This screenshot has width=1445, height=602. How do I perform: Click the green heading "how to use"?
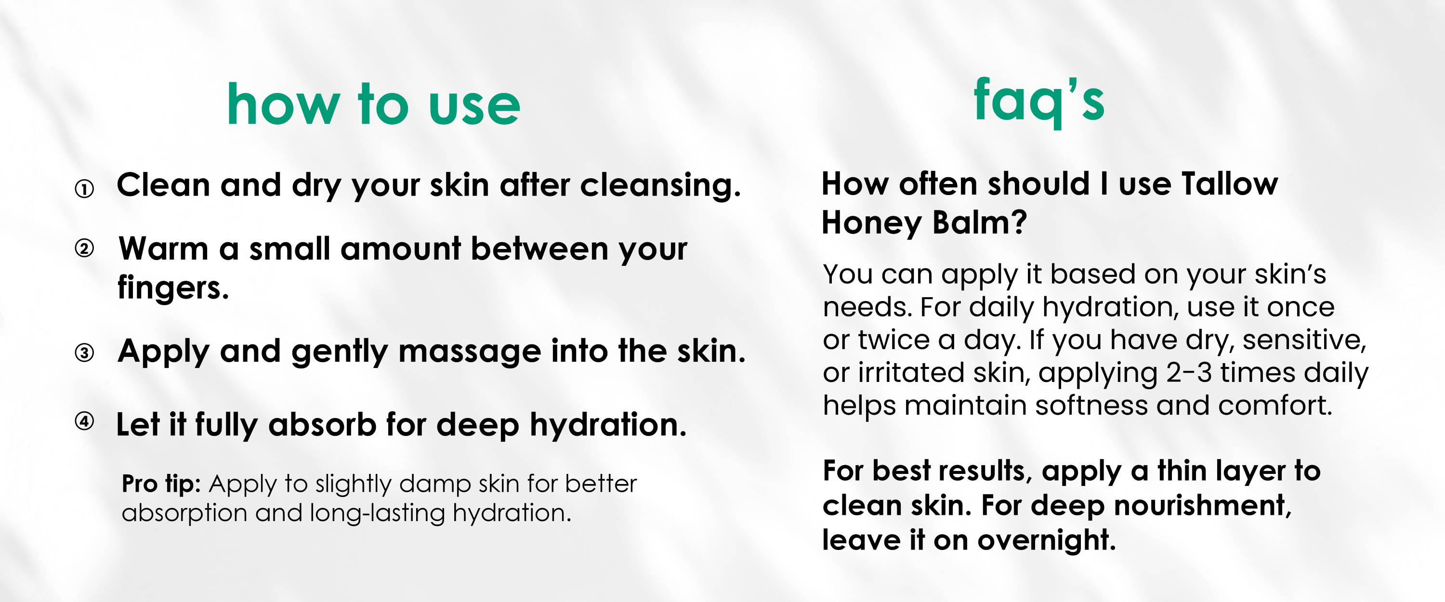[374, 104]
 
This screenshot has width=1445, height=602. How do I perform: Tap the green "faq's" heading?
[1039, 102]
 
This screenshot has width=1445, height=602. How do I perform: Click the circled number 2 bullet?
[84, 248]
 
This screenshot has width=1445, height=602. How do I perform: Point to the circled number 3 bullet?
[84, 353]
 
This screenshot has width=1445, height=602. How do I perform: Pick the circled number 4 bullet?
[84, 421]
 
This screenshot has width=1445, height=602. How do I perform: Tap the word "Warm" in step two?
[163, 249]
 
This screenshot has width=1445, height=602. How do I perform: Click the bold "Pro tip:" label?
[161, 484]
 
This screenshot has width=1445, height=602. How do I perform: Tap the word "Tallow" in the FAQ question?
[1230, 184]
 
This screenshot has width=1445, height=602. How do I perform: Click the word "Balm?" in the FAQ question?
[979, 222]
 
